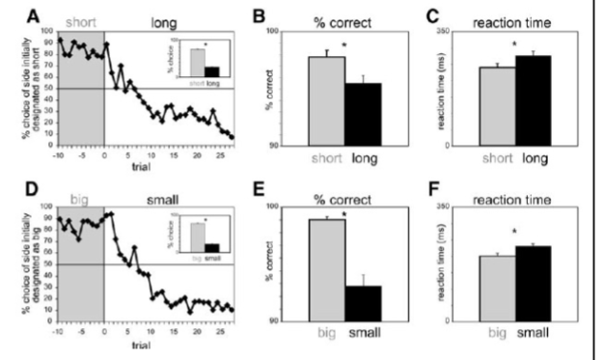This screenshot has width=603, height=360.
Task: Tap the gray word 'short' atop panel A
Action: coord(82,18)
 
